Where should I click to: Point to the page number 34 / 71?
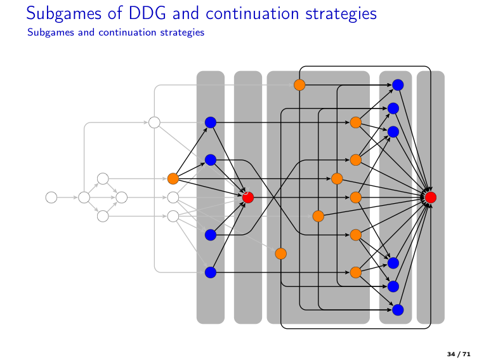coord(459,353)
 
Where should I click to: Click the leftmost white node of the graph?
coord(51,197)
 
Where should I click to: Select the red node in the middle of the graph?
coord(248,197)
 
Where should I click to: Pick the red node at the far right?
coord(431,197)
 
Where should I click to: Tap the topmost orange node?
coord(299,84)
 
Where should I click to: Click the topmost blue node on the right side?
coord(398,84)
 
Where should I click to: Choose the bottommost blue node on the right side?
coord(398,310)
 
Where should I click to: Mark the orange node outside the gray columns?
coord(173,178)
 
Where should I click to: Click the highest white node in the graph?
coord(154,122)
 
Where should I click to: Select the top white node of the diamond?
coord(103,178)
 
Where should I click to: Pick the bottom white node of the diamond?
coord(103,217)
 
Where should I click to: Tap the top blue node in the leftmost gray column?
coord(211,122)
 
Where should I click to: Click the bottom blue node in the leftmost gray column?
coord(211,273)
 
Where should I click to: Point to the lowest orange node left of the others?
coord(280,254)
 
